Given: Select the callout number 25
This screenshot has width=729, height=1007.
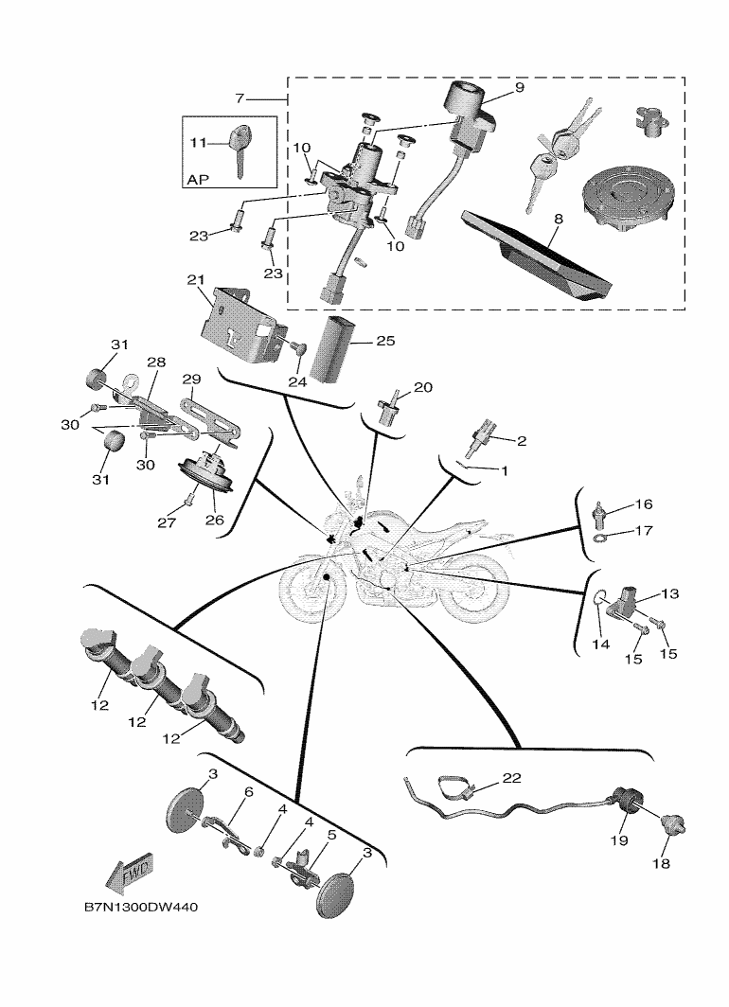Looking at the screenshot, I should pos(386,340).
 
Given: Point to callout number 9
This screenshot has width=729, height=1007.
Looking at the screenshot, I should pos(520,87).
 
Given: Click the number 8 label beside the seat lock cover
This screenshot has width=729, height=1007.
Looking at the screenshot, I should pos(558,219).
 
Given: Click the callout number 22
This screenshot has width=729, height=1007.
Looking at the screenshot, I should pos(512,778).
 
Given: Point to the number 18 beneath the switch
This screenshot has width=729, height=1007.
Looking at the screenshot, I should pos(660,864).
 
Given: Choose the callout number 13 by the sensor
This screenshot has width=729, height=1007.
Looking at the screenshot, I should pos(670,593).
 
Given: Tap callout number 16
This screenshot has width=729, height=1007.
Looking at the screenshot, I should pos(644,504).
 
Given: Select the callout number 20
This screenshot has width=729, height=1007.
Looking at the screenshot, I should pos(422,388).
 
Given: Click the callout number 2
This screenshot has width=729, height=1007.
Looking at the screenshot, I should pos(520,440).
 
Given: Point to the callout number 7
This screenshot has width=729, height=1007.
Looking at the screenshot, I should pos(240,98).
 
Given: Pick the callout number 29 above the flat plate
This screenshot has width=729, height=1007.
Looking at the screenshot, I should pos(191,379).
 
